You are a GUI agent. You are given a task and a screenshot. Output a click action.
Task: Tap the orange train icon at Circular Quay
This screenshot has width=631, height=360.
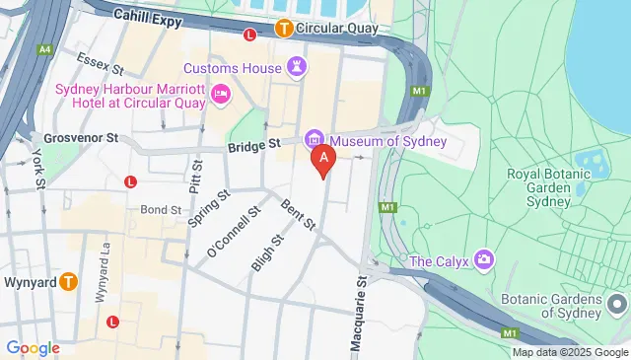[284, 29]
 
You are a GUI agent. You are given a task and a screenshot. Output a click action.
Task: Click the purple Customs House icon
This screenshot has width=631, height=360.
[297, 66]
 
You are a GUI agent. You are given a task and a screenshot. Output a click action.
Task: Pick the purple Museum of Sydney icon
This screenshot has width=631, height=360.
[315, 140]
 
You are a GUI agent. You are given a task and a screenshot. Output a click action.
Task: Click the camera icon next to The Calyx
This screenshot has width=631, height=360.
[483, 260]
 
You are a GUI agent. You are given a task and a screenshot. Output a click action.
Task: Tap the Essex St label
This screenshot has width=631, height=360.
[99, 65]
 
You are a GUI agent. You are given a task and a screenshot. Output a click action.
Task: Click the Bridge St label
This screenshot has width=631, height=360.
[254, 145]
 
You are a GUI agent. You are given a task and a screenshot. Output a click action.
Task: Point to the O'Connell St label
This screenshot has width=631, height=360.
[233, 234]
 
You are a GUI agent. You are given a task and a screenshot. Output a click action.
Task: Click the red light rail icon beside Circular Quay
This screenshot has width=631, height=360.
[249, 35]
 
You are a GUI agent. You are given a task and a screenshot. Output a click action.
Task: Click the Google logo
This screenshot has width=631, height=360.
[33, 347]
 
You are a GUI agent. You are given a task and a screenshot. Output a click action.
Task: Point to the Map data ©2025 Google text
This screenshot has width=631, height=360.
[569, 352]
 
